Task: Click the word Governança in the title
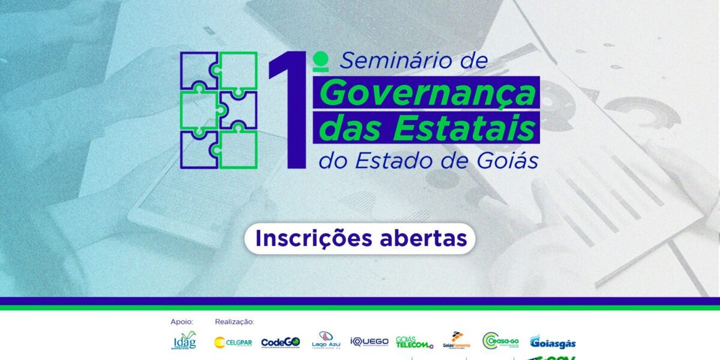click(427, 94)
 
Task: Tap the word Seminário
click(389, 61)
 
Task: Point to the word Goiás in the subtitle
click(509, 161)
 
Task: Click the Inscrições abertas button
click(360, 238)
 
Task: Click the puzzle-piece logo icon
click(218, 110)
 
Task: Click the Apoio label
click(182, 322)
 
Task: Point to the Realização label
click(235, 322)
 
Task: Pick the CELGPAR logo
click(233, 343)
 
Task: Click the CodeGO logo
click(280, 343)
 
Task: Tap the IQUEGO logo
click(369, 341)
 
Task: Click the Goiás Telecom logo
click(414, 342)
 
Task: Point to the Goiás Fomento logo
click(457, 340)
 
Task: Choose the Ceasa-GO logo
click(500, 341)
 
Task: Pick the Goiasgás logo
click(553, 342)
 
